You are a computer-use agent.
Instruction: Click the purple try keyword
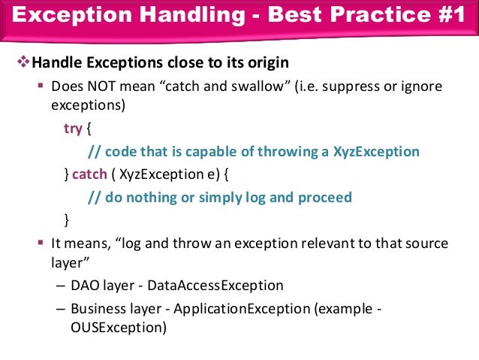pyautogui.click(x=73, y=129)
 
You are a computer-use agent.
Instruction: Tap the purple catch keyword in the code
pyautogui.click(x=89, y=174)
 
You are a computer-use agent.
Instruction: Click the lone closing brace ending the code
pyautogui.click(x=67, y=220)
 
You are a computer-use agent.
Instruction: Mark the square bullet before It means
pyautogui.click(x=41, y=244)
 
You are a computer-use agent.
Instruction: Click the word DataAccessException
pyautogui.click(x=215, y=286)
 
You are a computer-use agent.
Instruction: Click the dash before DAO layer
pyautogui.click(x=60, y=286)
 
